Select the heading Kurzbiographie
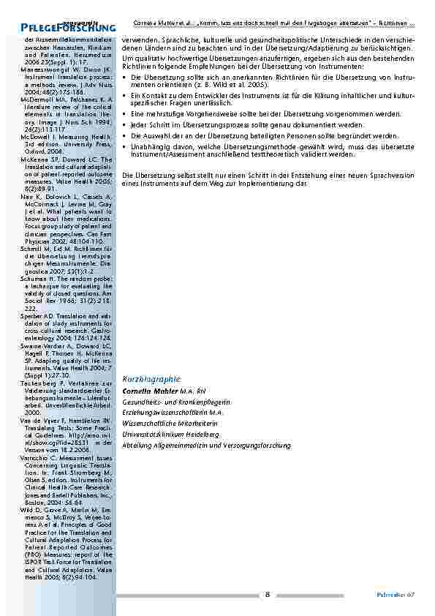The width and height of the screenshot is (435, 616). point(151,379)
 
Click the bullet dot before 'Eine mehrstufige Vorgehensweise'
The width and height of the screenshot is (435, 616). point(125,115)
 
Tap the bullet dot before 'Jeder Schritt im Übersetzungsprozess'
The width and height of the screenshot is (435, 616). point(125,126)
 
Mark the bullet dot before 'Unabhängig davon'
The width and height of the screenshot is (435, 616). point(125,146)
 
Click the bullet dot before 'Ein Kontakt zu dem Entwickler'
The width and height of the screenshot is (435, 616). point(125,96)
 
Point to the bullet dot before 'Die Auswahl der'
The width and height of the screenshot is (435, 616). point(125,136)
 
